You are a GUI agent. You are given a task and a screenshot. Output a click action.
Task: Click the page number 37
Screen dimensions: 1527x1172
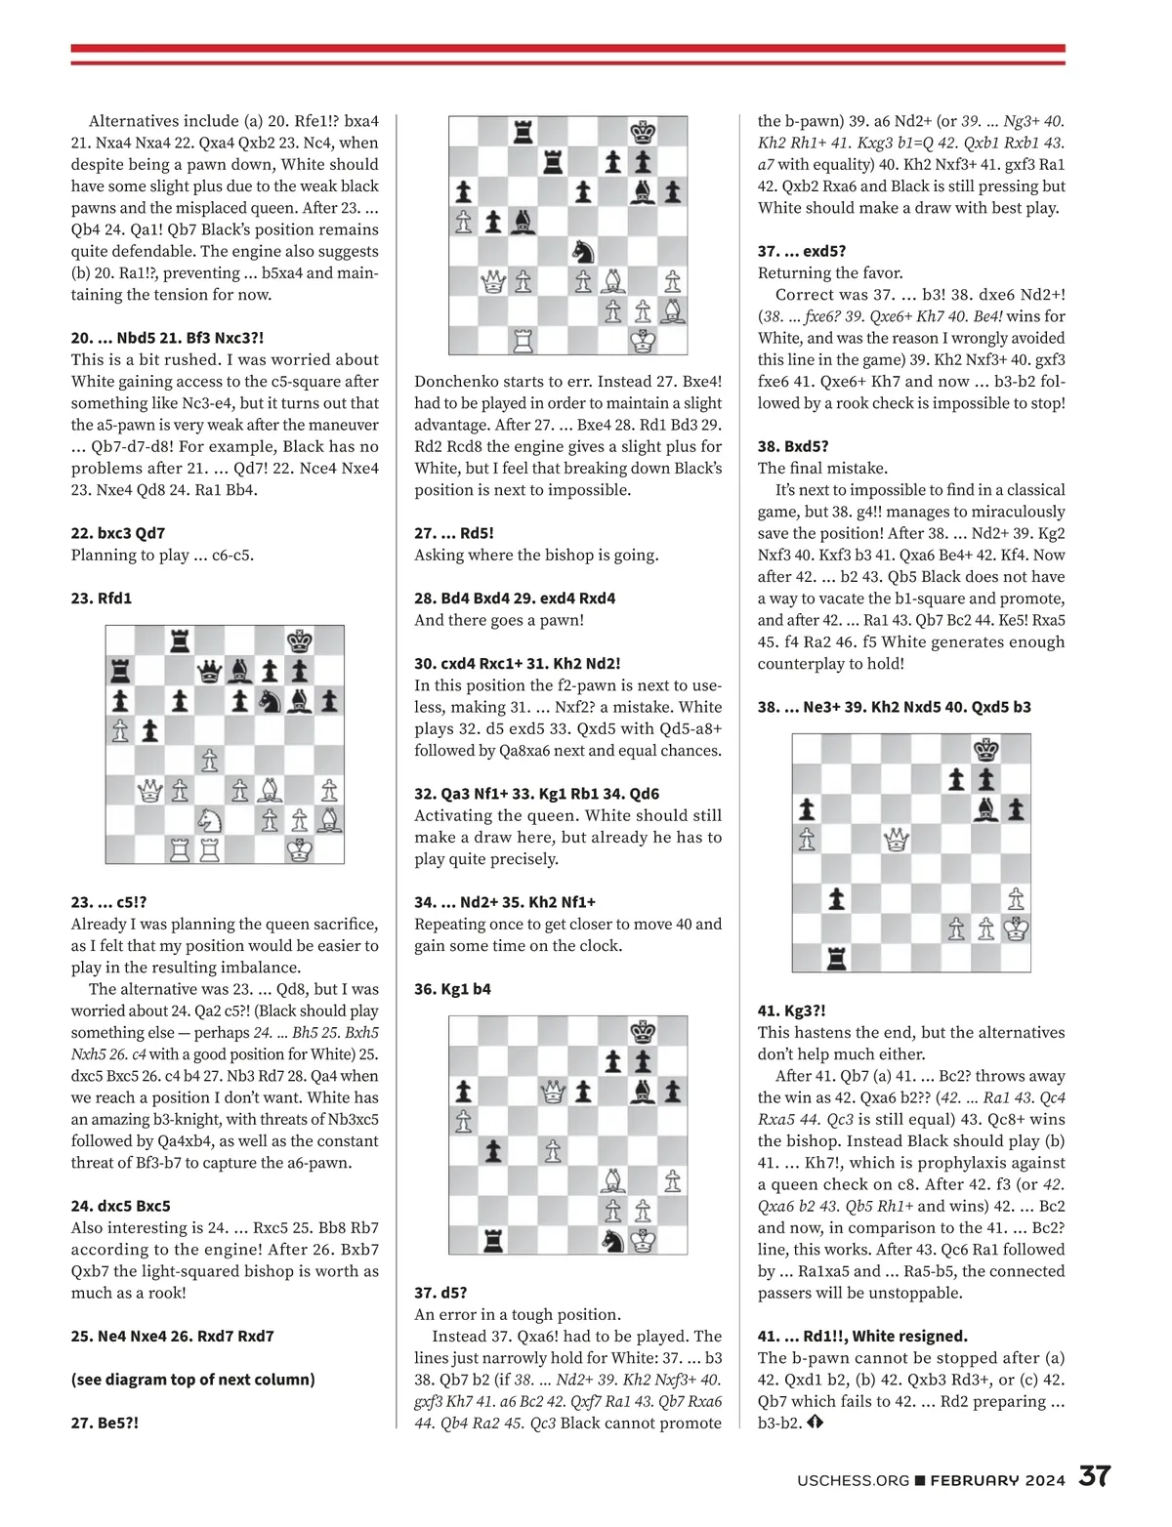pyautogui.click(x=1094, y=1476)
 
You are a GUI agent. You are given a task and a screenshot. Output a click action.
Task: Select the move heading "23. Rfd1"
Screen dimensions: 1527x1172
pyautogui.click(x=101, y=598)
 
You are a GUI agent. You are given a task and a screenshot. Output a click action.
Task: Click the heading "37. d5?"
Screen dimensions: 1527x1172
pyautogui.click(x=440, y=1293)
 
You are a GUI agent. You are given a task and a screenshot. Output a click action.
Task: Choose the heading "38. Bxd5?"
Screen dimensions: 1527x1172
pyautogui.click(x=793, y=446)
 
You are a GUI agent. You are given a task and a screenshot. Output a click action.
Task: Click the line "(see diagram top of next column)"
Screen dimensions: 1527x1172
pyautogui.click(x=192, y=1380)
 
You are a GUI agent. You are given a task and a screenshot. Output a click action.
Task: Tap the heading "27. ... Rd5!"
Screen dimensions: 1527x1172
pyautogui.click(x=454, y=533)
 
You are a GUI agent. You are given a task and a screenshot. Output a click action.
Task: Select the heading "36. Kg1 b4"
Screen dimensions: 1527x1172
pyautogui.click(x=452, y=989)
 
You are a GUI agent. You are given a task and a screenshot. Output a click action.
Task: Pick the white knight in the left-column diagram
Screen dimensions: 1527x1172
pyautogui.click(x=210, y=819)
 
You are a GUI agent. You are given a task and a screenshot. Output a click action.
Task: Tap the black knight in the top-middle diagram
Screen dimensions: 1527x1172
pyautogui.click(x=582, y=251)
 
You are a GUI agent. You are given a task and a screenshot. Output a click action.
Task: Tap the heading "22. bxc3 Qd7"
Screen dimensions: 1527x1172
pyautogui.click(x=118, y=533)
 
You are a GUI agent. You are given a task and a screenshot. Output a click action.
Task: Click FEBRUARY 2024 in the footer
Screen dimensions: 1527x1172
pyautogui.click(x=997, y=1480)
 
